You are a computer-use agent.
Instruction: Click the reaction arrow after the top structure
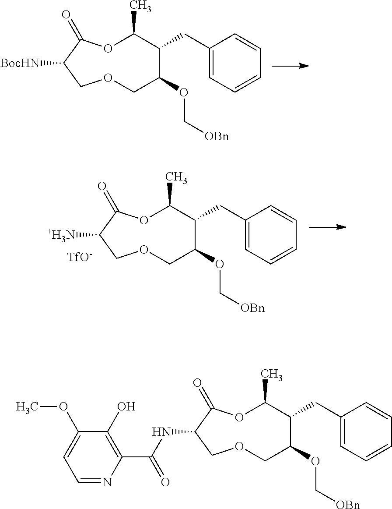[290, 66]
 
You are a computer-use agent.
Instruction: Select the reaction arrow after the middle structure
[327, 227]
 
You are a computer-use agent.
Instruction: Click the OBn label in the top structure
[217, 137]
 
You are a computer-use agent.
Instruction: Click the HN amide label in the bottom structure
[161, 433]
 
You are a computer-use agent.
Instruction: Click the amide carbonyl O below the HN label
[164, 483]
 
